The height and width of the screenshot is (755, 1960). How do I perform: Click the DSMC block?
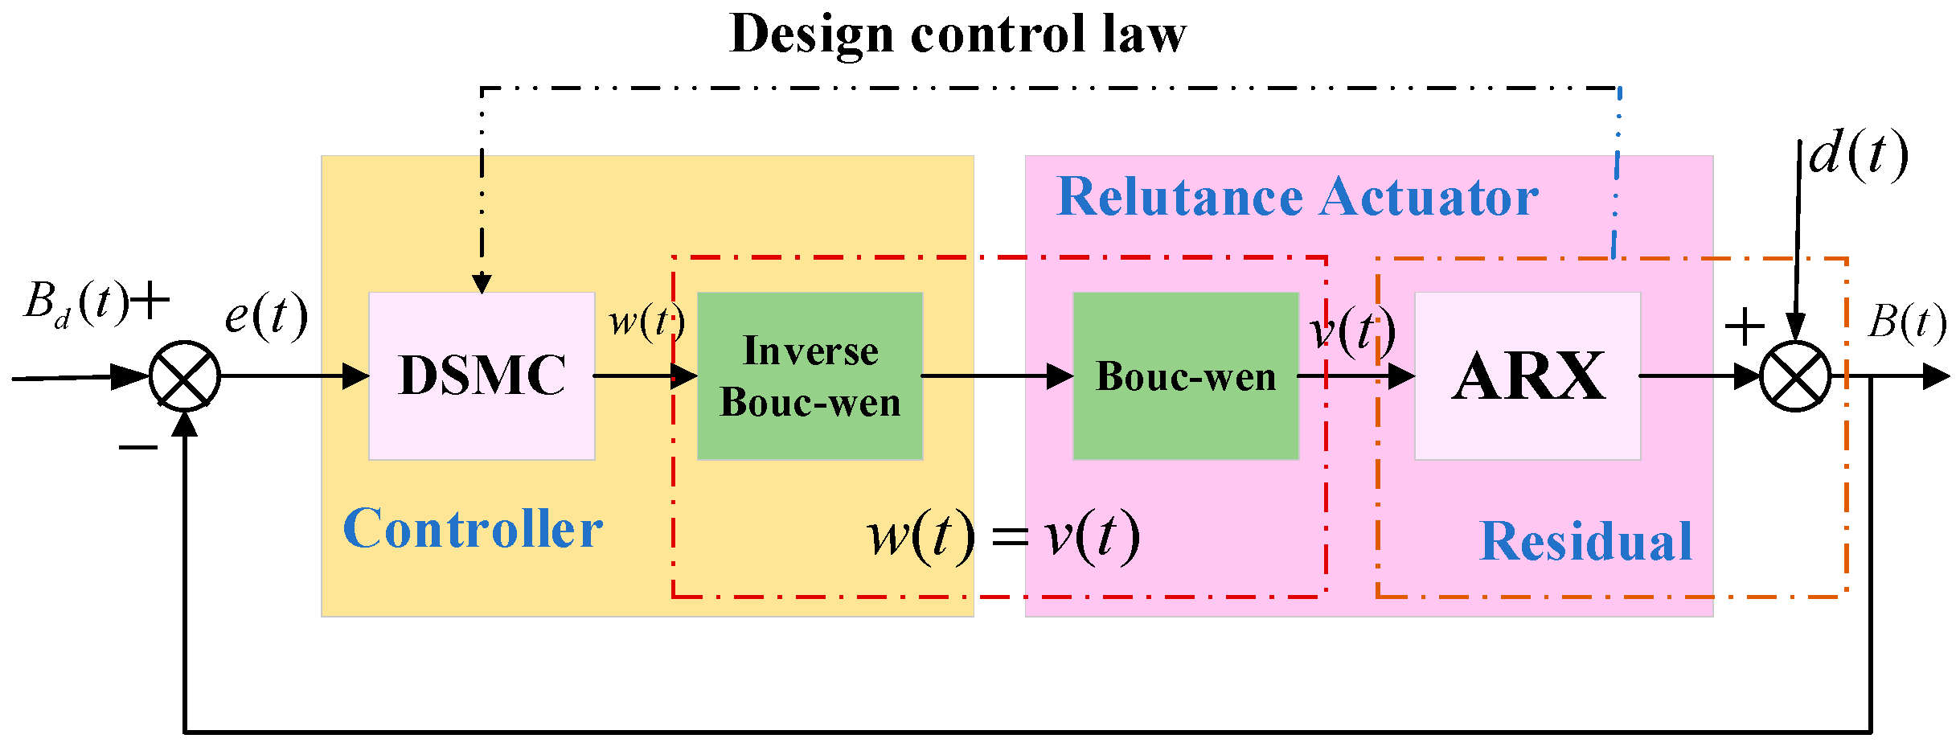482,375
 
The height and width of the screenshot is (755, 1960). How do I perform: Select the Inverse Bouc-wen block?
810,375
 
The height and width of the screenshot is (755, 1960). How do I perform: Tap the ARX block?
1527,375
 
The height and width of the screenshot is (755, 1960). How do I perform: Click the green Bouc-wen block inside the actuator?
1186,375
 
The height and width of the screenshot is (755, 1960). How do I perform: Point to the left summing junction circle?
185,376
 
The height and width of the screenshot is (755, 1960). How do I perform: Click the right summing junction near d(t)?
1795,376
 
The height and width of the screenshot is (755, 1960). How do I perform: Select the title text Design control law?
957,34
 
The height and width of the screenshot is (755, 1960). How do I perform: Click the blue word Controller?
473,529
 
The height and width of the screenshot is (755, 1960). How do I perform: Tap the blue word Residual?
1585,541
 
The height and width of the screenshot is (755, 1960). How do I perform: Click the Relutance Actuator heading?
1297,197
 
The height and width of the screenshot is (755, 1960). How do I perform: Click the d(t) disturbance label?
1858,154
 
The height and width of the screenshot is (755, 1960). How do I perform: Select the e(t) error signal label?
266,315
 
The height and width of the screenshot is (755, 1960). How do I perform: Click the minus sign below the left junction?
137,447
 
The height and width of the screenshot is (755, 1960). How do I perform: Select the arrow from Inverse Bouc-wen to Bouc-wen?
997,375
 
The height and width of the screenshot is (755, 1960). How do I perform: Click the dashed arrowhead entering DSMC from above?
482,283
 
